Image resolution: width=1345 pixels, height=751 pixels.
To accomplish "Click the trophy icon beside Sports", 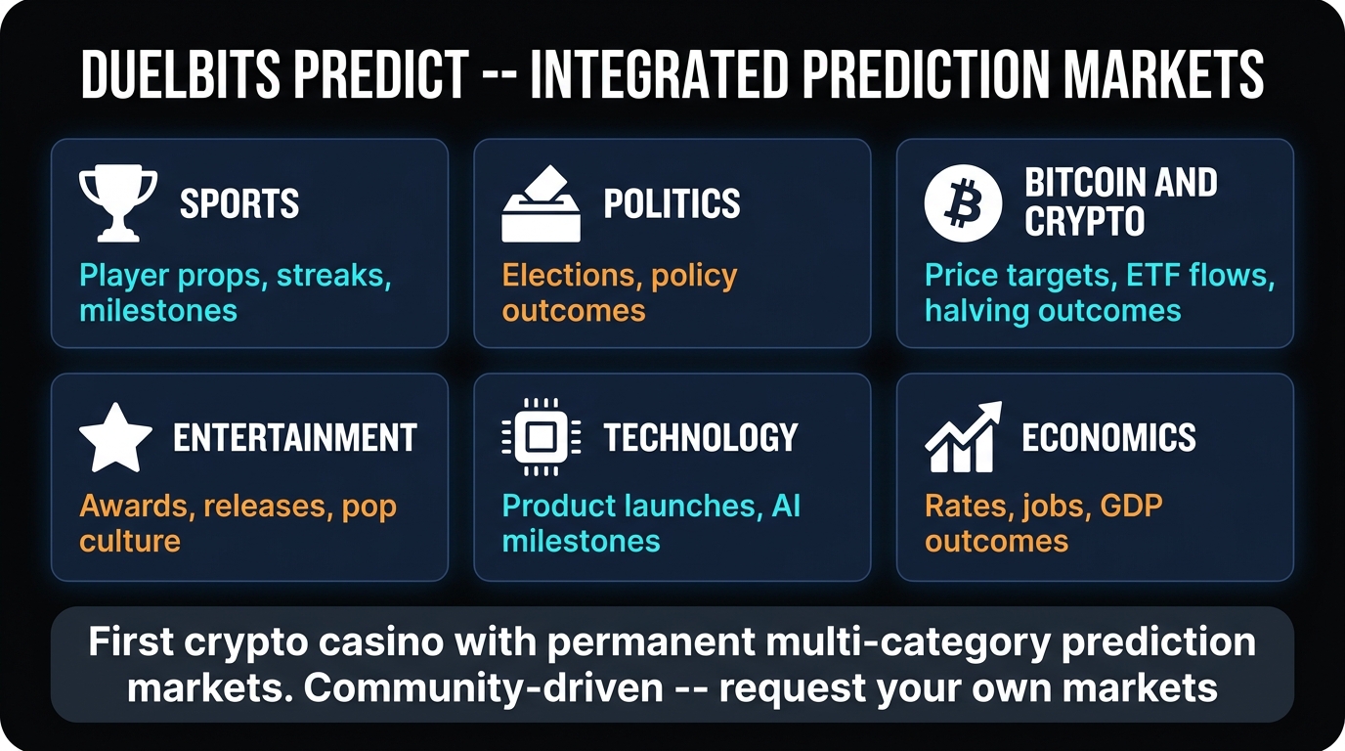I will click(x=117, y=203).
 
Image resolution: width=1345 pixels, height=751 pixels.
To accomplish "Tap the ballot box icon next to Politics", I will click(x=541, y=203).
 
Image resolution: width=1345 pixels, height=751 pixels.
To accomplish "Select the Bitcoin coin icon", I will click(x=963, y=203).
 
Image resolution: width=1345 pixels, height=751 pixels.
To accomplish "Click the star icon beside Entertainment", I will click(x=115, y=437).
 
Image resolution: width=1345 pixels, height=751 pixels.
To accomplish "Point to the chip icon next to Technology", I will click(x=541, y=437).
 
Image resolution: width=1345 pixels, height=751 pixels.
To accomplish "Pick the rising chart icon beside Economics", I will click(x=963, y=437).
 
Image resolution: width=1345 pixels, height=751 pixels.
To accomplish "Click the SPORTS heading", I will click(x=239, y=203).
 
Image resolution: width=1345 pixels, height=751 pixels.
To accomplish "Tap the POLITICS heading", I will click(x=672, y=203).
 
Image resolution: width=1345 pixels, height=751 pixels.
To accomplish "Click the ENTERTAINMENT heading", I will click(x=295, y=437).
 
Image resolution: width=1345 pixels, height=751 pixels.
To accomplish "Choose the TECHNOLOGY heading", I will click(x=700, y=437).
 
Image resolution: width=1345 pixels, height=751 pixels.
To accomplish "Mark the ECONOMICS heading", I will click(x=1108, y=437).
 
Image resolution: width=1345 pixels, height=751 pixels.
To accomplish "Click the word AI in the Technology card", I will click(x=786, y=507).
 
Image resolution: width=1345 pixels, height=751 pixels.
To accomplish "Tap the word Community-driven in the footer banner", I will click(x=484, y=687).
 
